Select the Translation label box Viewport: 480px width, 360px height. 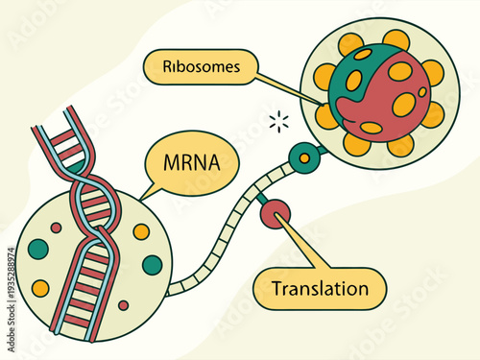pos(320,288)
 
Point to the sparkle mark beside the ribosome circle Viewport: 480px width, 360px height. pos(279,121)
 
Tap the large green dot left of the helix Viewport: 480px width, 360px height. pos(38,249)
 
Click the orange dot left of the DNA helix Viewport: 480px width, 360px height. pos(40,288)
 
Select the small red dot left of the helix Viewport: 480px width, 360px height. pos(56,228)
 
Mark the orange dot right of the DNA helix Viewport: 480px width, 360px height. pos(141,231)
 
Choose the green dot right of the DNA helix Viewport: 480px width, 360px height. pos(152,264)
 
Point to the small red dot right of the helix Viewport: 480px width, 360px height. pos(123,305)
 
